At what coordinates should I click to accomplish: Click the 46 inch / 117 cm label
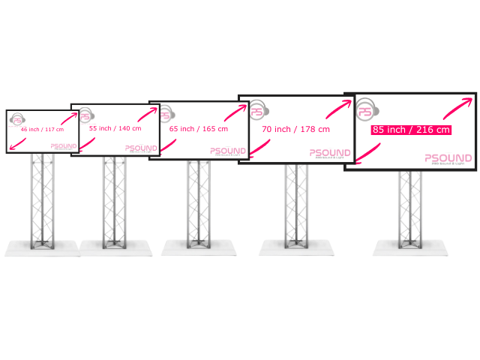[42, 130]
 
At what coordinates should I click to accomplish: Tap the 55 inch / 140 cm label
[115, 128]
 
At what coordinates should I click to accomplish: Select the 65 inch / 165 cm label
[199, 129]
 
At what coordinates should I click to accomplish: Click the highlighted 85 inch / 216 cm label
[412, 130]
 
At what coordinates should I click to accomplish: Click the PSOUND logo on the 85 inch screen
[448, 158]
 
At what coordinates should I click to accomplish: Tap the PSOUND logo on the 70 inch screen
[331, 152]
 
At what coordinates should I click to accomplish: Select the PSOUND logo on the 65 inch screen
[228, 151]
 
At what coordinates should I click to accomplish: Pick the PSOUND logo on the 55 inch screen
[141, 148]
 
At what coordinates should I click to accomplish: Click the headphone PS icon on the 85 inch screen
[365, 110]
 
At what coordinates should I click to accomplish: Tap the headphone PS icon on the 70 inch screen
[257, 110]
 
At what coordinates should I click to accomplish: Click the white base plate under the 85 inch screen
[409, 248]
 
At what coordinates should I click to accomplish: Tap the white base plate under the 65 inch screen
[199, 247]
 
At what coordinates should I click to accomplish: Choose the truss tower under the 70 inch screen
[296, 202]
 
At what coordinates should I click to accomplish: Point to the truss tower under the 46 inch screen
[42, 199]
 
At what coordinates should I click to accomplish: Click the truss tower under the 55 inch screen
[115, 199]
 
